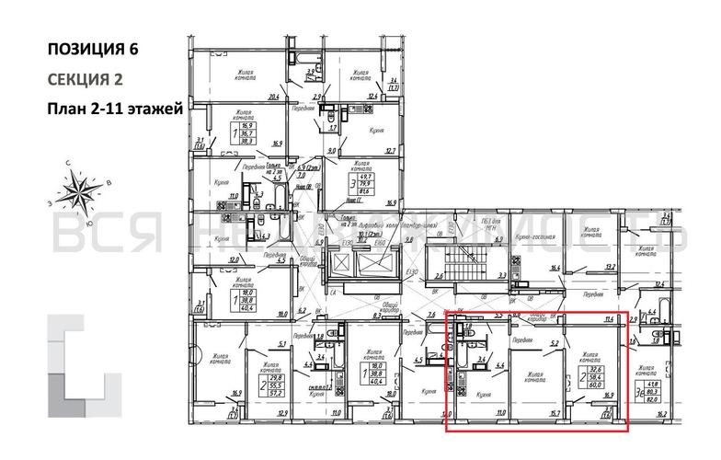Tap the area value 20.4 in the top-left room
(x=273, y=97)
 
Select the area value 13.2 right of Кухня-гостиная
(x=608, y=268)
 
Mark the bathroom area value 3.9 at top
(x=311, y=72)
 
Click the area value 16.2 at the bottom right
(x=689, y=415)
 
